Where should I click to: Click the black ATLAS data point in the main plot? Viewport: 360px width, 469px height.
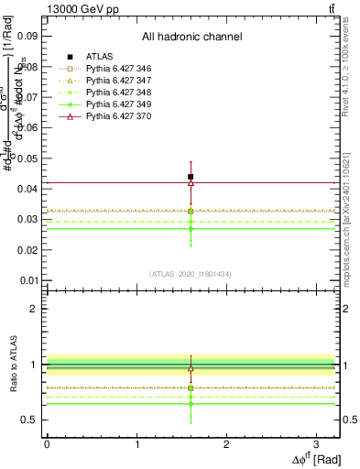pyautogui.click(x=191, y=177)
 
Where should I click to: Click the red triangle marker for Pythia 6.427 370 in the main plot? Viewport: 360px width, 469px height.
pyautogui.click(x=191, y=183)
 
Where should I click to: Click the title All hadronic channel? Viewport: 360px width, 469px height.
pyautogui.click(x=191, y=38)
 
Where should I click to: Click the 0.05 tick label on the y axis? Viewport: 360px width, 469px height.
pyautogui.click(x=26, y=158)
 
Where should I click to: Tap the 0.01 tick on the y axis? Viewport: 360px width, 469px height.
pyautogui.click(x=26, y=280)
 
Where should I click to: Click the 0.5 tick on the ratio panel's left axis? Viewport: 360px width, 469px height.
pyautogui.click(x=30, y=420)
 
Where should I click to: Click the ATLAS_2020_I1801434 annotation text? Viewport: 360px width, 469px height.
pyautogui.click(x=191, y=274)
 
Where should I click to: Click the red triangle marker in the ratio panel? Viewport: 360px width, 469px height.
pyautogui.click(x=191, y=368)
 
